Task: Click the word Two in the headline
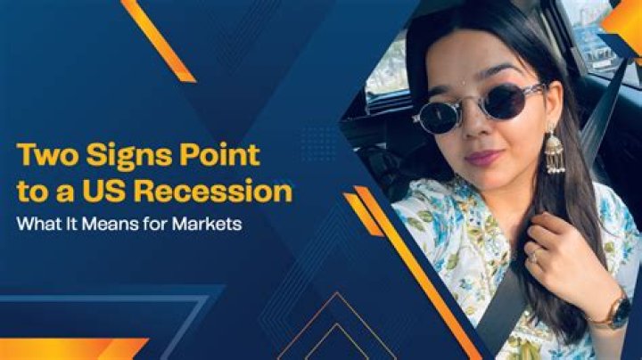click(x=44, y=156)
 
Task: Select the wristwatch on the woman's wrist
click(x=618, y=312)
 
